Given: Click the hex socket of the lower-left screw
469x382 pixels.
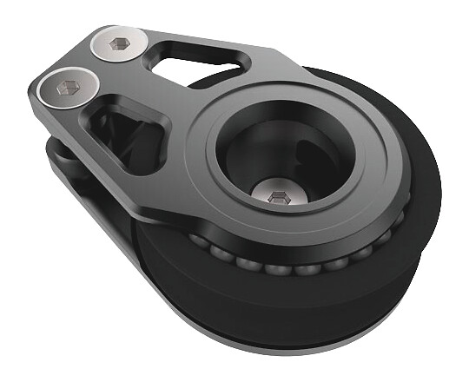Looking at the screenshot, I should (x=68, y=87).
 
